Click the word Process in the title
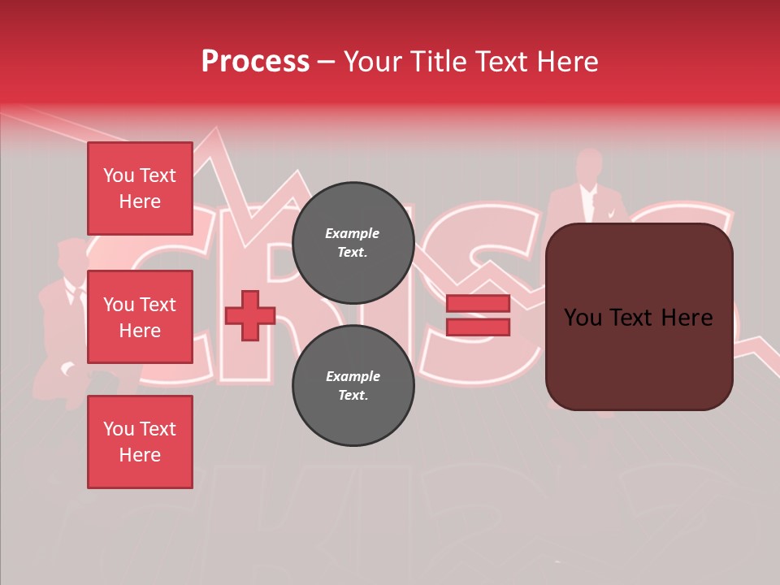tap(255, 62)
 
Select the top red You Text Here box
tap(140, 188)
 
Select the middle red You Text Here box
tap(140, 317)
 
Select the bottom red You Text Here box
tap(140, 442)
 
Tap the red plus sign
tap(250, 315)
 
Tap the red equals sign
tap(478, 315)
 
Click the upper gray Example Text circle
tap(353, 242)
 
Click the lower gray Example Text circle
tap(353, 385)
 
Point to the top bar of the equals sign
tap(478, 303)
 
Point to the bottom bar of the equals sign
tap(478, 327)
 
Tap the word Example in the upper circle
tap(352, 233)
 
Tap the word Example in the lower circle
tap(352, 376)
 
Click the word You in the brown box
tap(583, 318)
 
